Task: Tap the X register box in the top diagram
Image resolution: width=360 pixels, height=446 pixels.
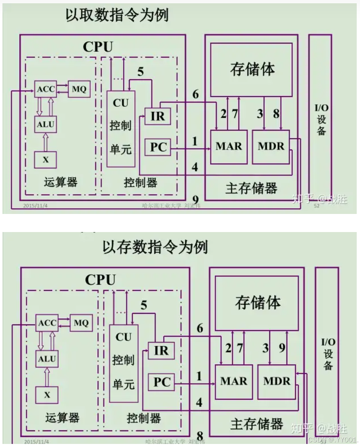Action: pyautogui.click(x=45, y=160)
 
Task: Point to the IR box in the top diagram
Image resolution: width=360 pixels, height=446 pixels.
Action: pyautogui.click(x=158, y=116)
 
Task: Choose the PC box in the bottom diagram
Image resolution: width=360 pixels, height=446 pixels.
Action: pyautogui.click(x=162, y=382)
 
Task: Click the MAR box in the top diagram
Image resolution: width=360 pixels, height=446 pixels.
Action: pyautogui.click(x=229, y=146)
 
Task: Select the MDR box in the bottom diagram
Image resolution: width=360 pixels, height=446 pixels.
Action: pyautogui.click(x=277, y=382)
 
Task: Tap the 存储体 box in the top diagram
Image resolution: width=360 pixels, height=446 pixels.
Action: pyautogui.click(x=252, y=69)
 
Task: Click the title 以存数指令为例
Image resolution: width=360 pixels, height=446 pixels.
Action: pyautogui.click(x=155, y=247)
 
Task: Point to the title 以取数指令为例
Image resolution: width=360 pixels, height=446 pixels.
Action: pyautogui.click(x=117, y=15)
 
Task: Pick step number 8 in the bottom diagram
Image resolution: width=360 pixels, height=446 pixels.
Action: pyautogui.click(x=200, y=436)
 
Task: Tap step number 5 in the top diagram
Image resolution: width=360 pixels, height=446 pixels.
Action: pyautogui.click(x=140, y=72)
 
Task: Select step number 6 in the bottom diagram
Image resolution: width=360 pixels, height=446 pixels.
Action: pyautogui.click(x=200, y=328)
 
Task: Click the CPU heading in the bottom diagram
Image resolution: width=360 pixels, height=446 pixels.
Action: pyautogui.click(x=100, y=280)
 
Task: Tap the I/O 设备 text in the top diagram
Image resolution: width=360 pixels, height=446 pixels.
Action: pyautogui.click(x=321, y=120)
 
